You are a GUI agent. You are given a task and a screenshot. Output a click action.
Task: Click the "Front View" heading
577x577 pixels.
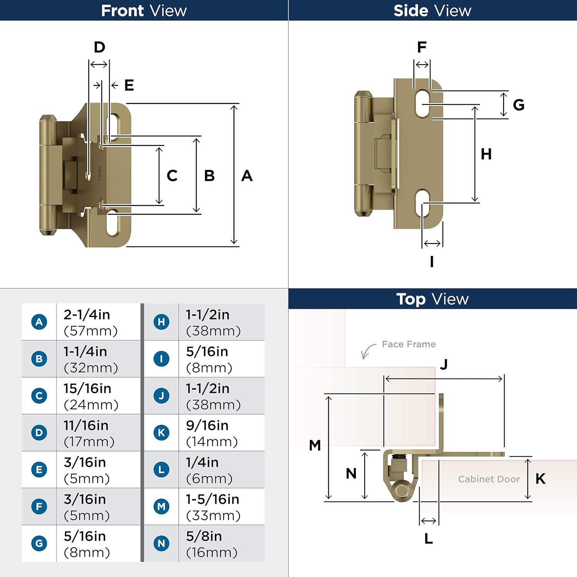point(144,10)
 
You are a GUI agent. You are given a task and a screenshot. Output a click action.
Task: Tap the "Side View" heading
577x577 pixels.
point(432,10)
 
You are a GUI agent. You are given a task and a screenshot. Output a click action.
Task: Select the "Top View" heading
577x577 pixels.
point(432,299)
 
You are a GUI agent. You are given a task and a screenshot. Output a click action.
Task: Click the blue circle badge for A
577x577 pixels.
point(39,322)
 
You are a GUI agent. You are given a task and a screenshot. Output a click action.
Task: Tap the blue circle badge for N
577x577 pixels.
point(162,544)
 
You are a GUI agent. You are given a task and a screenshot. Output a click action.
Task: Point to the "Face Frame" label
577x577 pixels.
point(409,344)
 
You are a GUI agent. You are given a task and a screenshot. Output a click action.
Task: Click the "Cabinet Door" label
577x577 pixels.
point(489,479)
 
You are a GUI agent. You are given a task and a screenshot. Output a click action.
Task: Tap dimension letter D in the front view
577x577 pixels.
point(100,47)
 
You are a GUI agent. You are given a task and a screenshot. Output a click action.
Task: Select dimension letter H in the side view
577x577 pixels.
point(486,154)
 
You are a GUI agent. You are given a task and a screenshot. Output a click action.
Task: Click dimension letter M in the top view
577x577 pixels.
point(315,445)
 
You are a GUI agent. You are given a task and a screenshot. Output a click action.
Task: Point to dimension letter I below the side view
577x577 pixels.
point(432,262)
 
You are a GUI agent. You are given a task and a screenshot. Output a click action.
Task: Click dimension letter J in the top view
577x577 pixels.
point(444,364)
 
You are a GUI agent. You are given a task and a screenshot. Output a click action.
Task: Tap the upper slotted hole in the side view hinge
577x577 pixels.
point(422,103)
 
